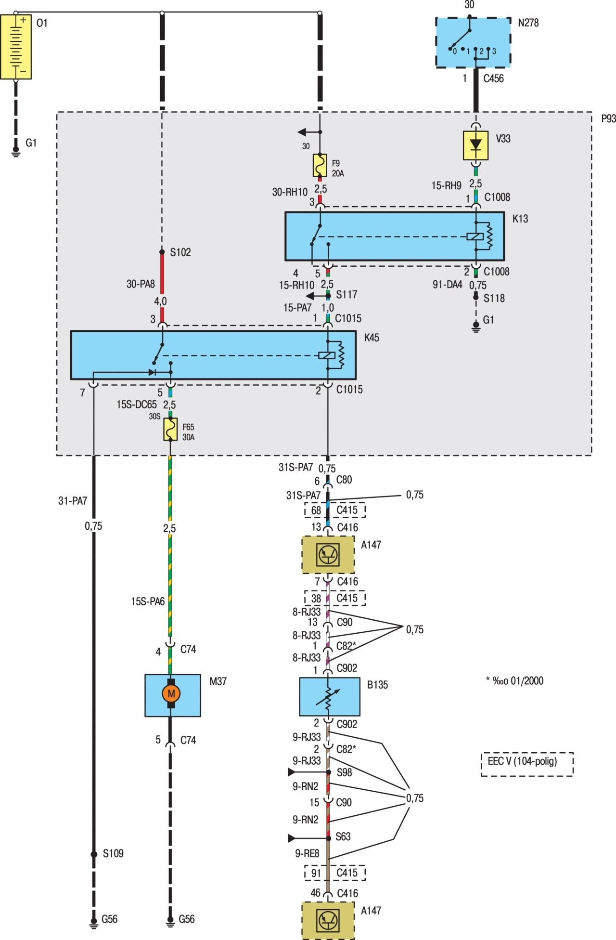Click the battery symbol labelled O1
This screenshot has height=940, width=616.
(x=16, y=47)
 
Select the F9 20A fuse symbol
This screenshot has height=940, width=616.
(x=320, y=165)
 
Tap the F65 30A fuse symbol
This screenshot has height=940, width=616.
(x=170, y=429)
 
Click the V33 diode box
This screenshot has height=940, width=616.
(x=475, y=145)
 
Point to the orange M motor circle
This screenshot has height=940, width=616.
(x=171, y=693)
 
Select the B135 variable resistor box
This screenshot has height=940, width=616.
(x=329, y=696)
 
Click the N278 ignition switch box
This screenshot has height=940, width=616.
(x=473, y=42)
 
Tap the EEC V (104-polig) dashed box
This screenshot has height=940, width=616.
(x=527, y=764)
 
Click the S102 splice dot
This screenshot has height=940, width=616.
(x=162, y=252)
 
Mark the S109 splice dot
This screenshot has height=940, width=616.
(x=94, y=854)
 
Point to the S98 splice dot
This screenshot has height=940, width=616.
(x=329, y=772)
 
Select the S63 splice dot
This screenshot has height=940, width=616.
(x=329, y=838)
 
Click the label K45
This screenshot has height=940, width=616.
(x=372, y=338)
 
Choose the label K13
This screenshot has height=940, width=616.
(x=520, y=219)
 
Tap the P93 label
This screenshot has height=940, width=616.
(x=608, y=118)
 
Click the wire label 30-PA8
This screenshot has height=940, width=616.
(x=141, y=284)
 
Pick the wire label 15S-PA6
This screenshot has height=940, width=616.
(x=148, y=601)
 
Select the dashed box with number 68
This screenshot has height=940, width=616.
(x=316, y=510)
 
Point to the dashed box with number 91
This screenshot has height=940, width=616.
(x=316, y=873)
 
